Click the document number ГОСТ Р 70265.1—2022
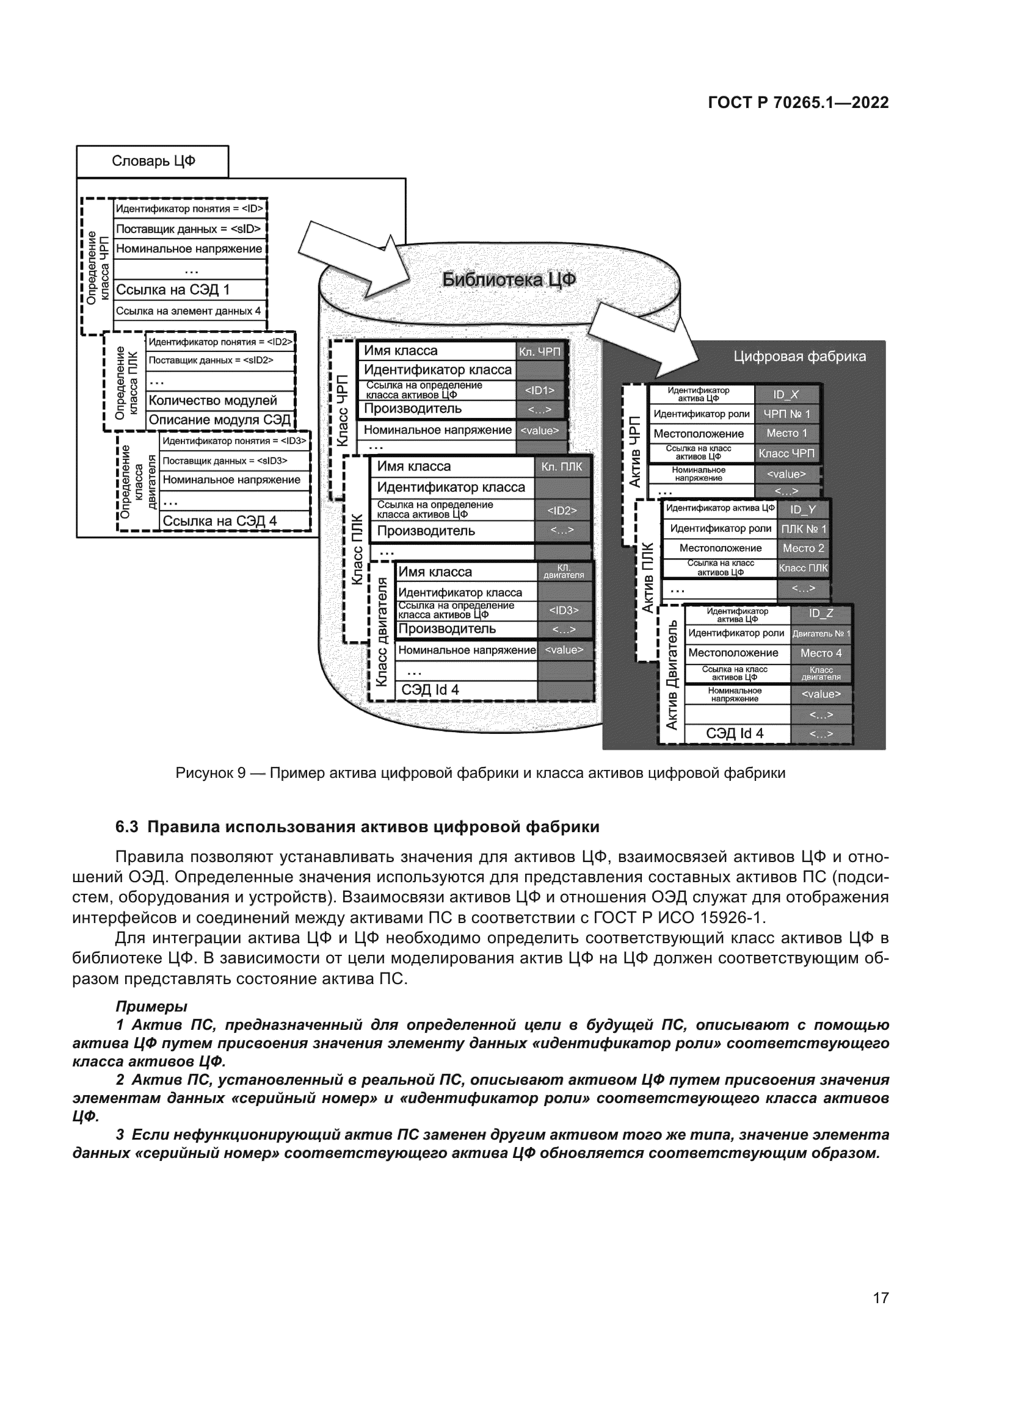pos(798,103)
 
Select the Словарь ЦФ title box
pos(153,162)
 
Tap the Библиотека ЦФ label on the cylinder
pos(508,280)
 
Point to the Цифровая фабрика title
pos(799,357)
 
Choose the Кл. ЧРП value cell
pos(539,352)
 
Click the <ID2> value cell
pos(562,511)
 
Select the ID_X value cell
pos(785,395)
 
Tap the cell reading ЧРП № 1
pos(786,414)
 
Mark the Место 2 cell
pos(803,548)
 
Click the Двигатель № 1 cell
pos(820,634)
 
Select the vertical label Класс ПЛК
pos(357,549)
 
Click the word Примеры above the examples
pos(151,1006)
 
